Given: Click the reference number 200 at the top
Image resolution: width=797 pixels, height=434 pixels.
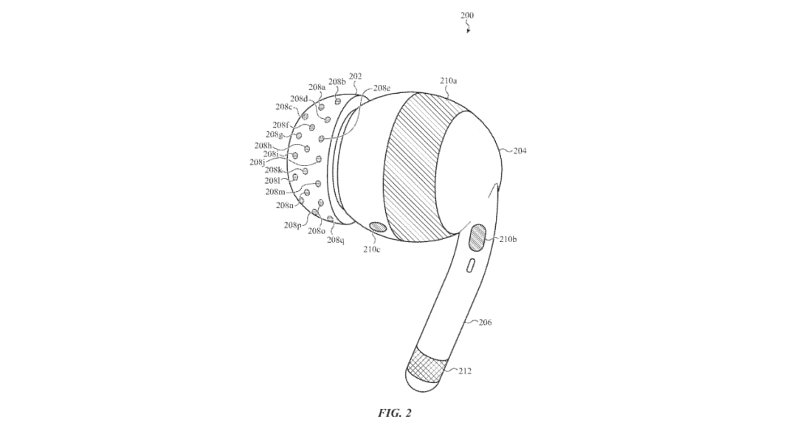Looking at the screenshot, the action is point(466,15).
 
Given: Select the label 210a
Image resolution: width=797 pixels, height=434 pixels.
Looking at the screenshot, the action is point(449,80).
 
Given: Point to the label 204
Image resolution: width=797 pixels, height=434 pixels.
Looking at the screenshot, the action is point(520,151).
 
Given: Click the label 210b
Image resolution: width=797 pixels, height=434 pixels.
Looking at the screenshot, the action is point(508,239).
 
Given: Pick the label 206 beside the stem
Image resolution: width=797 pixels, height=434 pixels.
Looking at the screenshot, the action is point(485,322).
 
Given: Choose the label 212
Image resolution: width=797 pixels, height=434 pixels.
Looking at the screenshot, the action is point(465,371).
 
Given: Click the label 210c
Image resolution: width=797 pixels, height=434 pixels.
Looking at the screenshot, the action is point(371,249).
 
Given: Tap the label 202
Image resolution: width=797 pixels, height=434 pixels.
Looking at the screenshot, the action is point(355,76).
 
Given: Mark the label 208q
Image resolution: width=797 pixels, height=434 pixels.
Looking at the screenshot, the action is point(336,240).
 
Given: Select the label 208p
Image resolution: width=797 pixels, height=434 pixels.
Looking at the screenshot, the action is point(293,225).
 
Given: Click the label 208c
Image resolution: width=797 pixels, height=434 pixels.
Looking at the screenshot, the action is point(284,107).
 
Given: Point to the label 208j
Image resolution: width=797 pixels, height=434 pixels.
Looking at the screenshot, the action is point(258,162).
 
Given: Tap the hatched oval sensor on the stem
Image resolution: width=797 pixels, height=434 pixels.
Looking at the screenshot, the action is point(477,238).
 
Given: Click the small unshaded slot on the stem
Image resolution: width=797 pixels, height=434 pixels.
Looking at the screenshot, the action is point(471,265).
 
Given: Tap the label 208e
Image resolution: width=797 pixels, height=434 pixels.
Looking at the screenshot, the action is point(382,88).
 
